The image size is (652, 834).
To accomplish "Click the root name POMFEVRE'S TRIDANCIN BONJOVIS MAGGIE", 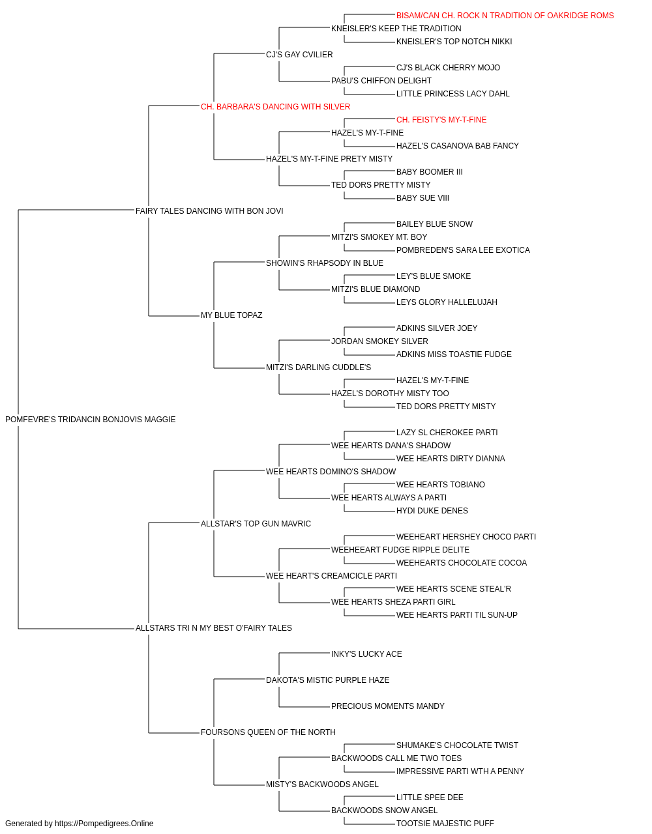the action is [x=90, y=420].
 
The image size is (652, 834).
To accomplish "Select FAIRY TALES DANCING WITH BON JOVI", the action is [x=209, y=210].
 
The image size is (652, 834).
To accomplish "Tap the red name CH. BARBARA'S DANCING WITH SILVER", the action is [x=275, y=107].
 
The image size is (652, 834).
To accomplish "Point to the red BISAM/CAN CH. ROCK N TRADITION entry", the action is [x=505, y=16].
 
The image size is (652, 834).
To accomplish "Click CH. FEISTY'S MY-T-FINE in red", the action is [x=441, y=120].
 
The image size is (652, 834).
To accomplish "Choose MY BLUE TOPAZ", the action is [x=231, y=315].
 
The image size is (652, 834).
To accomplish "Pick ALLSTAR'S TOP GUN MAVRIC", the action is [x=256, y=523].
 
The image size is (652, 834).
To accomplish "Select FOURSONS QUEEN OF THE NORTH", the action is [x=268, y=732].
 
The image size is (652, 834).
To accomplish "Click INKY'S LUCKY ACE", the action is [x=366, y=654].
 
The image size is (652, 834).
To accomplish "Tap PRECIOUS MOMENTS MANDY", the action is [x=388, y=706].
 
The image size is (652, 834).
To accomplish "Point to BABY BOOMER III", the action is [x=429, y=171].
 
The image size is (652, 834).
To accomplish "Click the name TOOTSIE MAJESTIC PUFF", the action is [x=445, y=824].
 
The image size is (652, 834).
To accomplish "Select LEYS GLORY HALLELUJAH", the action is [x=447, y=302].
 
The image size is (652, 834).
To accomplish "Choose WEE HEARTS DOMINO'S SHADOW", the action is [x=331, y=471].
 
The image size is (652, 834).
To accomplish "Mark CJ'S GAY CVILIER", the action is [x=299, y=55].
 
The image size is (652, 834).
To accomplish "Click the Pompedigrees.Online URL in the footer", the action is [x=104, y=824].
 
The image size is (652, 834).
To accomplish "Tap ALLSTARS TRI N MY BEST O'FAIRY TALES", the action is [x=213, y=628].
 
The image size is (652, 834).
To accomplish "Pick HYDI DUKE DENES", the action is [x=432, y=510].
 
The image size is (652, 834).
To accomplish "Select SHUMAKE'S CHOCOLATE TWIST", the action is [x=457, y=745].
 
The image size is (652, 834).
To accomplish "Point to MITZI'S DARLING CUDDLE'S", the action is [x=318, y=367].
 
